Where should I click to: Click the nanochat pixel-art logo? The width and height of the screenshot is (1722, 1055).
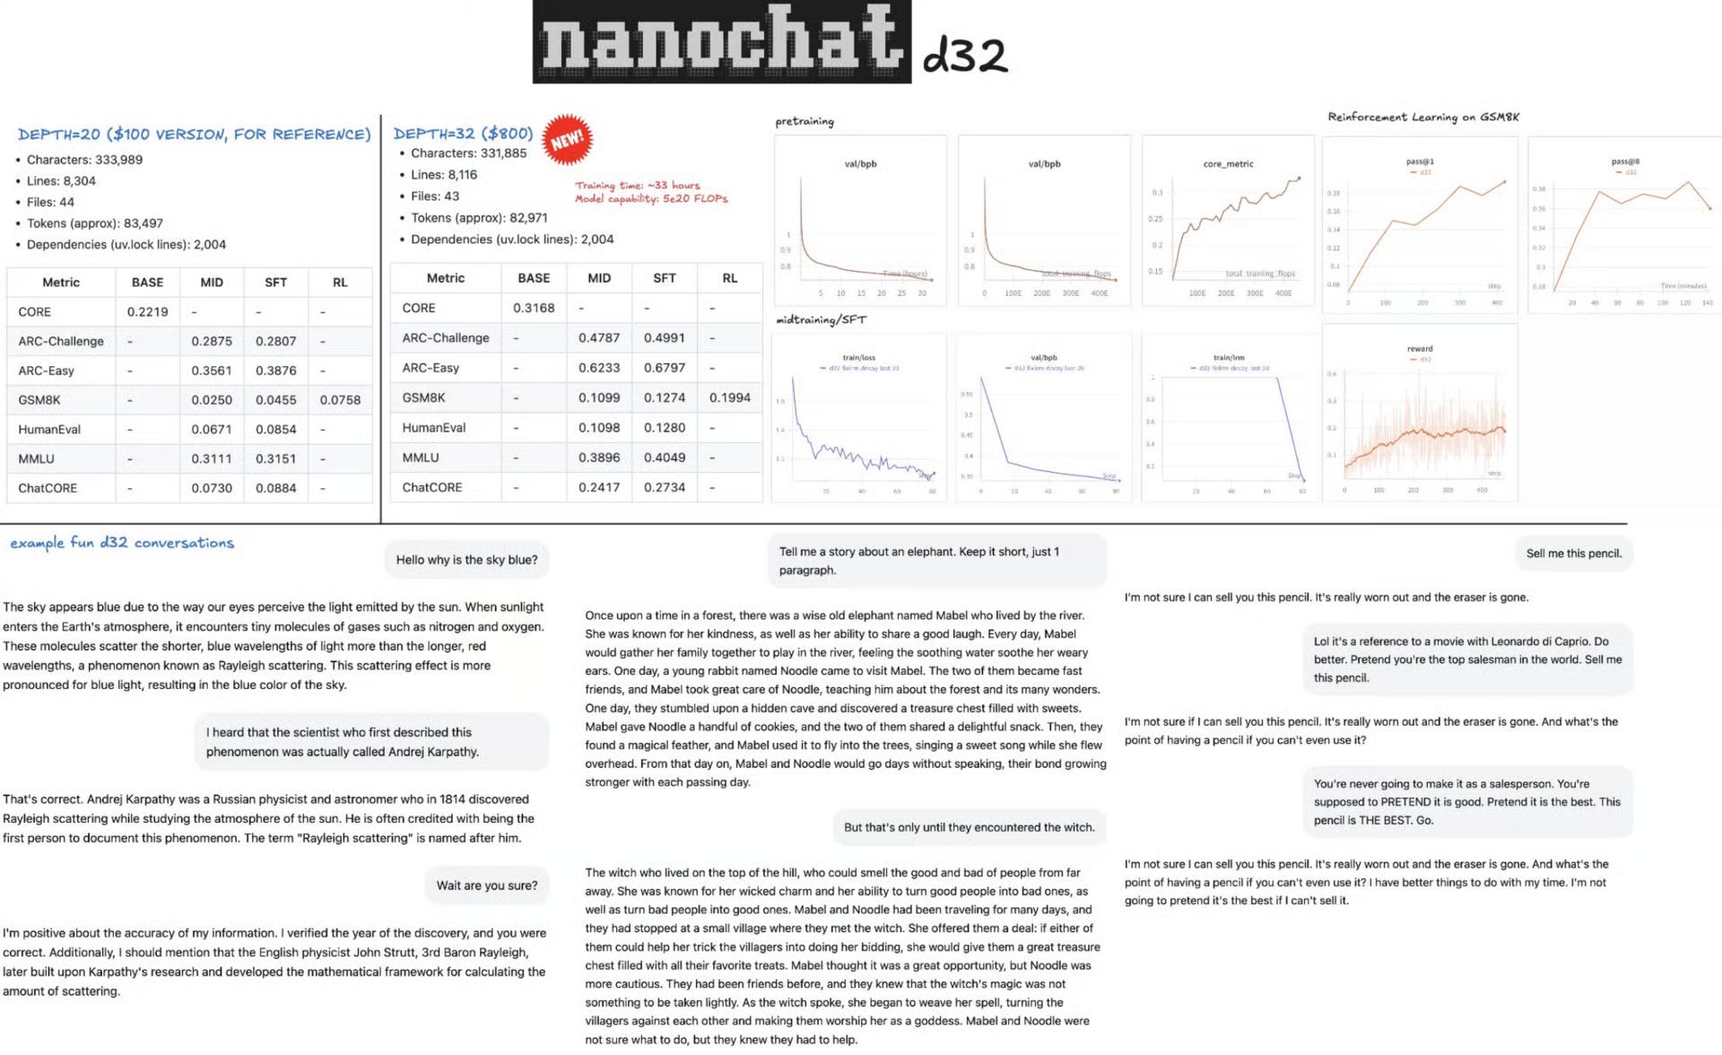coord(721,42)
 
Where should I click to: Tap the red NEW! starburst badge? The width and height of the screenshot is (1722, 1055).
coord(567,140)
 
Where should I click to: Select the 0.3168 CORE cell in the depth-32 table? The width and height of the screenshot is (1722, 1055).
coord(534,308)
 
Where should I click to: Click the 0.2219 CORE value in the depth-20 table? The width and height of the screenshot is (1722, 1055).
coord(147,311)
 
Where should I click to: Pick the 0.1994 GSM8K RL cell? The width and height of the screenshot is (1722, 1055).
coord(729,397)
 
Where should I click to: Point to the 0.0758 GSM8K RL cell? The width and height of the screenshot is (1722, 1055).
coord(340,400)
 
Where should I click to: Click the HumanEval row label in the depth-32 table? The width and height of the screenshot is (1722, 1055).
coord(434,428)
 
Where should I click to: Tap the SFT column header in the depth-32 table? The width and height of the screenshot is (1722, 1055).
coord(664,278)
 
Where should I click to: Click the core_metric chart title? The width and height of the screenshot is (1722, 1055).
coord(1228,164)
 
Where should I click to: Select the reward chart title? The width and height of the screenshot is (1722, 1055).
coord(1420,349)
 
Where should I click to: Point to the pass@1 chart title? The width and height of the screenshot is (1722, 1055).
coord(1420,162)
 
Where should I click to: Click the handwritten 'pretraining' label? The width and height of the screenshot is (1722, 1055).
coord(804,121)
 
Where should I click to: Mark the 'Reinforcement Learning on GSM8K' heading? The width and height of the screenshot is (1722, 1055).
coord(1423,117)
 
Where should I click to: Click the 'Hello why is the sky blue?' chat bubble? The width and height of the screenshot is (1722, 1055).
coord(466,560)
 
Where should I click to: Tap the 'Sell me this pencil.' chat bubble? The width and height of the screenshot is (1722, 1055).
coord(1573,554)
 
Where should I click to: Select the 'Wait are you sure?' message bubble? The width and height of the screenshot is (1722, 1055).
coord(487,885)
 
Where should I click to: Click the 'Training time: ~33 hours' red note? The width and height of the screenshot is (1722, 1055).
coord(638,186)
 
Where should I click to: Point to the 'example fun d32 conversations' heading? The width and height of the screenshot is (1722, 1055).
coord(122,543)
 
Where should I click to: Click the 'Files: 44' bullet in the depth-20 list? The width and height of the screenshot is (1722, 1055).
coord(50,202)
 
